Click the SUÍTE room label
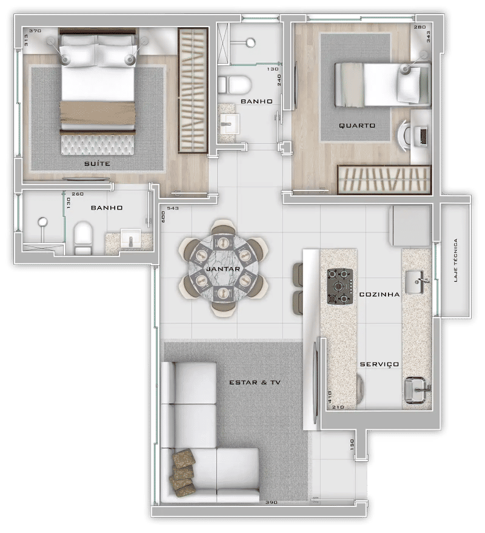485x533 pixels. pos(97,163)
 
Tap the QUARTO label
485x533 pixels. pos(357,126)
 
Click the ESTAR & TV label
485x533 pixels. pos(255,382)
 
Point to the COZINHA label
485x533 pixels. pos(379,294)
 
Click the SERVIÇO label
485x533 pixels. pos(379,364)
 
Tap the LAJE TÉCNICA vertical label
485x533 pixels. pos(455,260)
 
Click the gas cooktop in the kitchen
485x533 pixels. pos(339,286)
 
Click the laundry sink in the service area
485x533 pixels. pos(417,390)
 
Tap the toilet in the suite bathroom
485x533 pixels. pos(83,237)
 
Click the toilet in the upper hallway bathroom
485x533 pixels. pos(235,84)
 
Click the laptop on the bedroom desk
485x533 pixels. pos(424,137)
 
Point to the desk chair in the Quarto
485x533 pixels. pos(405,135)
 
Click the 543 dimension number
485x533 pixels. pos(173,208)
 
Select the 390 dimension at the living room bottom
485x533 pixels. pos(271,501)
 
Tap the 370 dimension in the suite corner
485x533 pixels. pos(35,30)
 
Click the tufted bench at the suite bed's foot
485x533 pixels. pos(97,145)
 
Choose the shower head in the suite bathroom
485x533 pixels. pos(43,222)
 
